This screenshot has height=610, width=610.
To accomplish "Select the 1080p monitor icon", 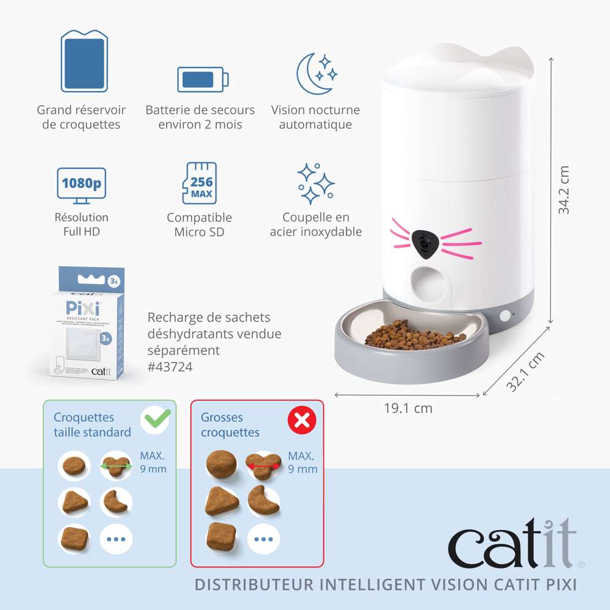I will click(81, 184).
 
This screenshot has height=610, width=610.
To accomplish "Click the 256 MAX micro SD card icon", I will click(200, 183).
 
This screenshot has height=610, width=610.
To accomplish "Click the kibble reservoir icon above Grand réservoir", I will click(85, 62).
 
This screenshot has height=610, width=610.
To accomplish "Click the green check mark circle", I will click(155, 420).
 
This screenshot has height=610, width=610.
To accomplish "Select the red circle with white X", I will click(303, 420).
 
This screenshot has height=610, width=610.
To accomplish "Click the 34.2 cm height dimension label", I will click(564, 189).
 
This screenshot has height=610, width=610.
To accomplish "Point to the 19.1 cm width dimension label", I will click(407, 408).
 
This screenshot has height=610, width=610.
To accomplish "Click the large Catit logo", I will click(512, 542).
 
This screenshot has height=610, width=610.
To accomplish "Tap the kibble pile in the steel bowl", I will click(415, 336).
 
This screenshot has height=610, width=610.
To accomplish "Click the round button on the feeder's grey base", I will click(505, 315).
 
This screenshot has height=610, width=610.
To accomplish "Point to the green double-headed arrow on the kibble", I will click(116, 467).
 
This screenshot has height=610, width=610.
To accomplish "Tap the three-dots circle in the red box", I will click(264, 539).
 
